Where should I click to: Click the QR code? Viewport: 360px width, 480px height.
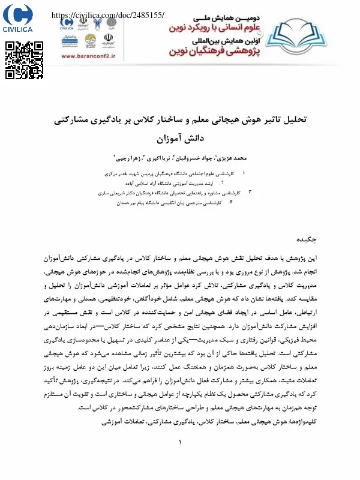pos(24,61)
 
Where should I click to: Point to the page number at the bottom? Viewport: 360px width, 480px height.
pos(179,442)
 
